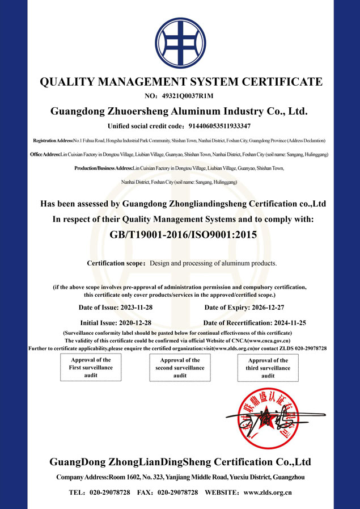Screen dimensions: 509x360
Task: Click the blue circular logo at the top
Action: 181,40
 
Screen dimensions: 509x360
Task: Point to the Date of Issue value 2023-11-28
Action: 134,308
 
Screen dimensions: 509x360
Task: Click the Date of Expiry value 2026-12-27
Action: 277,308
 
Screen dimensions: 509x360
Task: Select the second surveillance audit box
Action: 180,368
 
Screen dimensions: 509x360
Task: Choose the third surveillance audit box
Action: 268,368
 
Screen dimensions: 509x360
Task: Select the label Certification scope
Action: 116,263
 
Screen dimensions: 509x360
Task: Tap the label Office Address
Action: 45,154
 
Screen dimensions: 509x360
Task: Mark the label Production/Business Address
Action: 103,168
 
